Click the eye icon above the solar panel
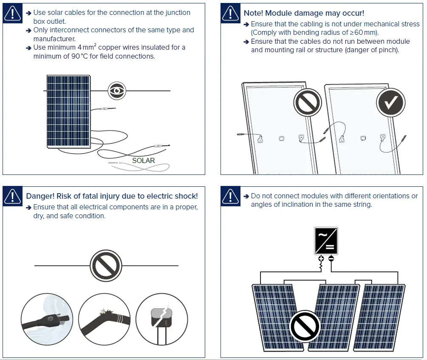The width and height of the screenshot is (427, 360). point(116,90)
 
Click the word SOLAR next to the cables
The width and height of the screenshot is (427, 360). point(143,160)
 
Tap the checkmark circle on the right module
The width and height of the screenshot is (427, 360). point(390,102)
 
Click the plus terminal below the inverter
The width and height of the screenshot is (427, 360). point(321,259)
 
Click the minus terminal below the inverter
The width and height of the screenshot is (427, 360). point(331,259)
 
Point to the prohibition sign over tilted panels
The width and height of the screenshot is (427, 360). point(304,326)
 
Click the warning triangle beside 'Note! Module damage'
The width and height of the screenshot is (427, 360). point(231,14)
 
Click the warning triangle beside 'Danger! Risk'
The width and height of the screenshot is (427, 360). point(13,196)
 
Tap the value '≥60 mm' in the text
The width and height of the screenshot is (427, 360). point(365,33)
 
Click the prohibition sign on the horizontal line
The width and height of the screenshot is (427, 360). point(106,266)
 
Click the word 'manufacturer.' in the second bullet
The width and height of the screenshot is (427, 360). point(54,39)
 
